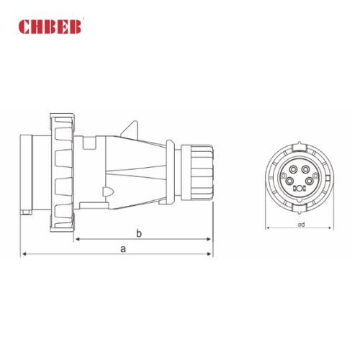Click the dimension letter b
click(139, 233)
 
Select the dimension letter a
click(124, 248)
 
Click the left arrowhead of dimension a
click(24, 254)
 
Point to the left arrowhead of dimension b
click(75, 239)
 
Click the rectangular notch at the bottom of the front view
click(299, 207)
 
